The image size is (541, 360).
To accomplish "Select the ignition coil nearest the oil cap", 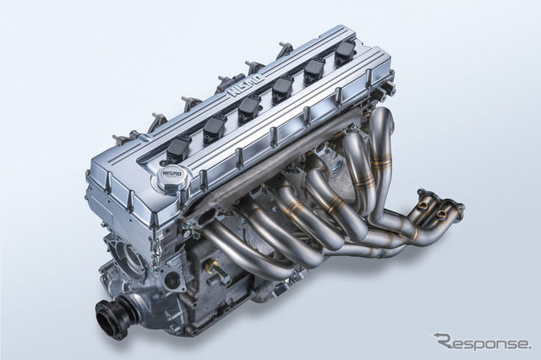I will coord(178,148).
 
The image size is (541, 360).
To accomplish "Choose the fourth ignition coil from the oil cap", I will coord(281,89).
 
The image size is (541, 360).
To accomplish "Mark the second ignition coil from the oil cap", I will coord(213,128).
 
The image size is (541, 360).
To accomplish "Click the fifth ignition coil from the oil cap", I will coord(313,70).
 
